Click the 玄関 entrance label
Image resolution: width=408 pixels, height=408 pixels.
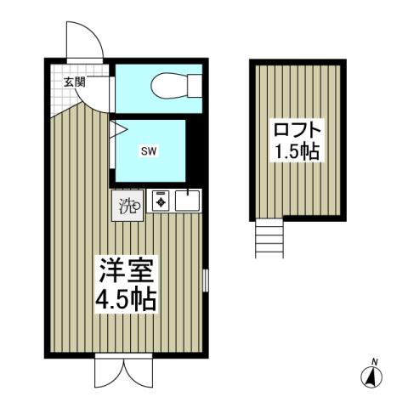73,82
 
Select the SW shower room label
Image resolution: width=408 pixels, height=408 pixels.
146,151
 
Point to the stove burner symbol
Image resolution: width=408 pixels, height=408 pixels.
161,202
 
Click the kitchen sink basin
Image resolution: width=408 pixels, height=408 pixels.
187,202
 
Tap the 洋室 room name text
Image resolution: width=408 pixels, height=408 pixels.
127,275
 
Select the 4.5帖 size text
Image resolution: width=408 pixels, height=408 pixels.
127,301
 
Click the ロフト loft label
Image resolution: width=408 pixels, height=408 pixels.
297,131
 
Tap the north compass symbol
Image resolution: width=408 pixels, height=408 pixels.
372,377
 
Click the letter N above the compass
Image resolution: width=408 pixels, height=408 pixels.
372,359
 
